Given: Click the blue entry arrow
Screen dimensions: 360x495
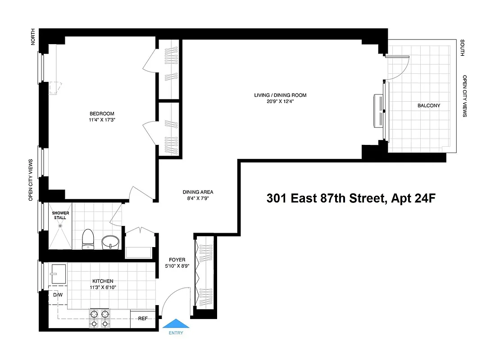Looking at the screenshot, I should (x=176, y=324).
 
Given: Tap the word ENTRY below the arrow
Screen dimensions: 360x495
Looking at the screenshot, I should (x=176, y=333).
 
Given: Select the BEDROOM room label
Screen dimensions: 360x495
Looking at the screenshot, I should (x=102, y=114).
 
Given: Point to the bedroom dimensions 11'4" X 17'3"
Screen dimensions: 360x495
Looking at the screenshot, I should (x=102, y=121).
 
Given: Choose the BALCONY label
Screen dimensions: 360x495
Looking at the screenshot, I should (x=429, y=106).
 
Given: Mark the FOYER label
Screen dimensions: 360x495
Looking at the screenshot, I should (x=177, y=260).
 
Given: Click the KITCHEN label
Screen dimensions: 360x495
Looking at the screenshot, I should (x=103, y=281).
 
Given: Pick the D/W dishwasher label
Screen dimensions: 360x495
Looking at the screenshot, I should (x=58, y=295).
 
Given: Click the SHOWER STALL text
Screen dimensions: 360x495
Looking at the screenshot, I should (x=60, y=215).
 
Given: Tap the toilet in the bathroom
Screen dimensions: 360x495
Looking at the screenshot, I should (x=88, y=238).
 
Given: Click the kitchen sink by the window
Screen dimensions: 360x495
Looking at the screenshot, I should (x=59, y=274).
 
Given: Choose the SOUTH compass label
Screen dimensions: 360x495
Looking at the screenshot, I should (x=462, y=48).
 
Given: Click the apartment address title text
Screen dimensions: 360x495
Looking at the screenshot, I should (x=351, y=198).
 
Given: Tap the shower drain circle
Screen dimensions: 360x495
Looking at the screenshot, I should (x=59, y=226).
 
